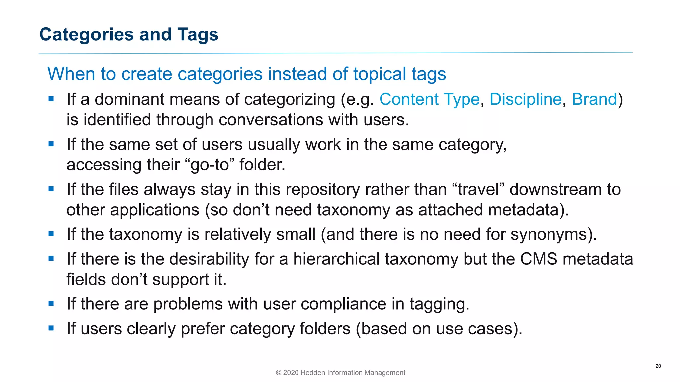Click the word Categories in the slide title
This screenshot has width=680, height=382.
pos(87,35)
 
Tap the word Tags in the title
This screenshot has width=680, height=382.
pos(198,35)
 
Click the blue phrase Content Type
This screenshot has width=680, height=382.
pos(429,99)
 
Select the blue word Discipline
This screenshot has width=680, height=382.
pos(526,99)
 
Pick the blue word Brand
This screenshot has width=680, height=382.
pos(594,99)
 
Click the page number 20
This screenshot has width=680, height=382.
pos(658,366)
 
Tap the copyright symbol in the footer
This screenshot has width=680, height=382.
pos(279,373)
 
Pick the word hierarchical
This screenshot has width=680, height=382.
pos(336,259)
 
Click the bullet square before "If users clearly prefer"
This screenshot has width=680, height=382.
pos(51,328)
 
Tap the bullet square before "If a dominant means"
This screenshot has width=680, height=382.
pos(51,99)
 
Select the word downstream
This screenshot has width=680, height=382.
pos(555,190)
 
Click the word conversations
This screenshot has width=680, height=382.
pos(271,120)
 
